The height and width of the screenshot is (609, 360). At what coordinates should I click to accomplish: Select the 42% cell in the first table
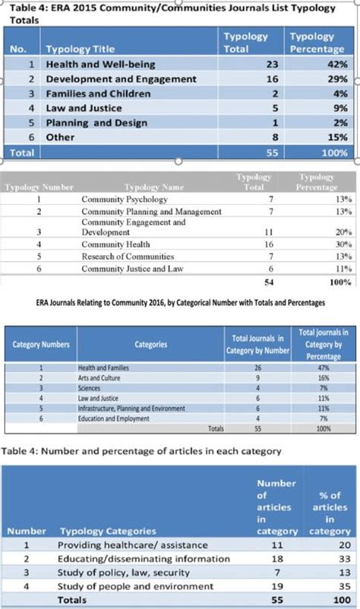[x=338, y=65]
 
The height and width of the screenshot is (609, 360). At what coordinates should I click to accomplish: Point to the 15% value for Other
[x=338, y=137]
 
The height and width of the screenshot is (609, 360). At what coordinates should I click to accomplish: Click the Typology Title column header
[x=81, y=49]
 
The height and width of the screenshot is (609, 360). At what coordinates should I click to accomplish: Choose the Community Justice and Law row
[x=132, y=269]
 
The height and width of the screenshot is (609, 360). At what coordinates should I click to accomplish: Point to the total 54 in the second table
[x=267, y=282]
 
